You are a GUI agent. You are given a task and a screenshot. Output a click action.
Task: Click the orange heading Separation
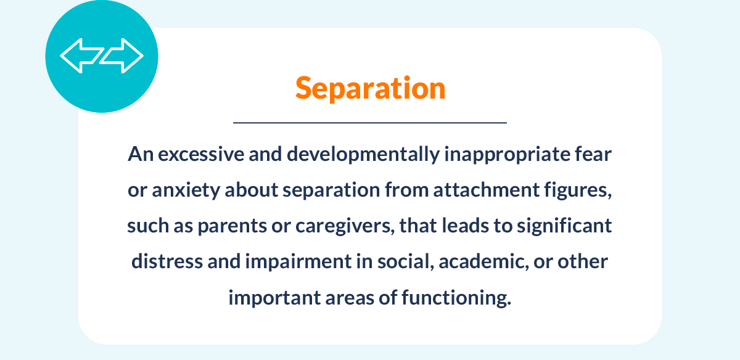coord(371,88)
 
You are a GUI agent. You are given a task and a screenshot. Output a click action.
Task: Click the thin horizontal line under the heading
coord(370,123)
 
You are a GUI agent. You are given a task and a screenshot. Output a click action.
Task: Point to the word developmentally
coord(363,155)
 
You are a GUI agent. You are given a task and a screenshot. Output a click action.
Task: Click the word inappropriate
coord(507,155)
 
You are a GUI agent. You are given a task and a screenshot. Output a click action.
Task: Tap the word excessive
coord(201,155)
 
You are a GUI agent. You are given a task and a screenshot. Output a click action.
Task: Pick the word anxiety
coord(186,190)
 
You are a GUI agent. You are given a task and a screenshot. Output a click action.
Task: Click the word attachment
coord(487,190)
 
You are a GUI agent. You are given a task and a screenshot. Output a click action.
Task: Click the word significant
coord(564,226)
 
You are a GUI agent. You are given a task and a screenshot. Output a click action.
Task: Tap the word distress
coord(167,261)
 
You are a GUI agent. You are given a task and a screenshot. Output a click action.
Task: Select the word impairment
coord(298,262)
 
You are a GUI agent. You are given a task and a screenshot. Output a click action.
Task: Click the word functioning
coord(456,298)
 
